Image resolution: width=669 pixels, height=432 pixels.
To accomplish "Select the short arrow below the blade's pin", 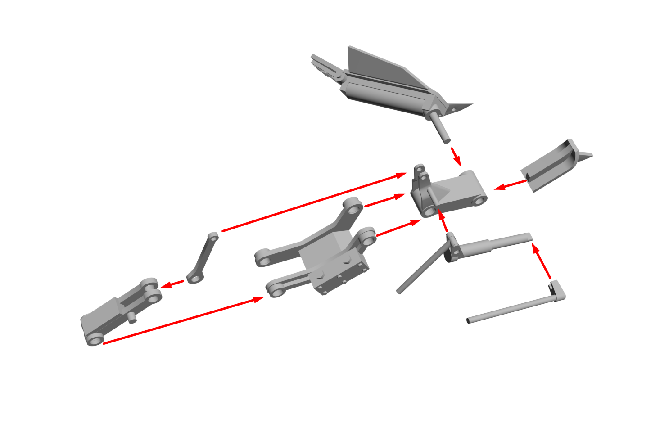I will pyautogui.click(x=456, y=155).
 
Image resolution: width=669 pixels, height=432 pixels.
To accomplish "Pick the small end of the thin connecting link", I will pyautogui.click(x=213, y=236).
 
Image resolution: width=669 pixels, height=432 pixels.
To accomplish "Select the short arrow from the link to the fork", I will pyautogui.click(x=172, y=284).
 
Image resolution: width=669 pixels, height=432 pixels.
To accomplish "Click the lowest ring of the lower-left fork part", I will pyautogui.click(x=94, y=339).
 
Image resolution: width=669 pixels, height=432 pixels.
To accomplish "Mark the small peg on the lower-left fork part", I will pyautogui.click(x=131, y=318).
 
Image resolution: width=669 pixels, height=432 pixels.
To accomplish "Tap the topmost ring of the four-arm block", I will pyautogui.click(x=353, y=207).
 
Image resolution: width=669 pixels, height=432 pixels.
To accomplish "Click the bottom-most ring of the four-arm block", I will pyautogui.click(x=275, y=288).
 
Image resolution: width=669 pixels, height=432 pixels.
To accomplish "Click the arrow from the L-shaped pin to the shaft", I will pyautogui.click(x=542, y=261).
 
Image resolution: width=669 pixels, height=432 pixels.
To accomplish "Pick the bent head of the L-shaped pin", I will pyautogui.click(x=558, y=291).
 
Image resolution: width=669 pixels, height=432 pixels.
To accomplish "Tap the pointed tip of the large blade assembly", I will pyautogui.click(x=471, y=104).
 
